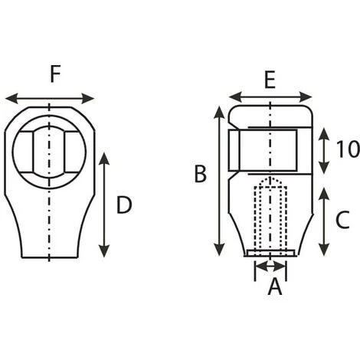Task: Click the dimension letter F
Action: (55, 74)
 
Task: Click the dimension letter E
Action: (270, 80)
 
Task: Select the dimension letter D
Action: (124, 205)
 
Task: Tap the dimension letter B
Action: (201, 174)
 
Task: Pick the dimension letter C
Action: (342, 220)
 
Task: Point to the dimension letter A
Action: (275, 286)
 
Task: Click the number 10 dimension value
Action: (348, 149)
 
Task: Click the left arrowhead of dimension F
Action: (11, 99)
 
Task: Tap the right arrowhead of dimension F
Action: (88, 99)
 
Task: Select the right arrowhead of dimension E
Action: (306, 97)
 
